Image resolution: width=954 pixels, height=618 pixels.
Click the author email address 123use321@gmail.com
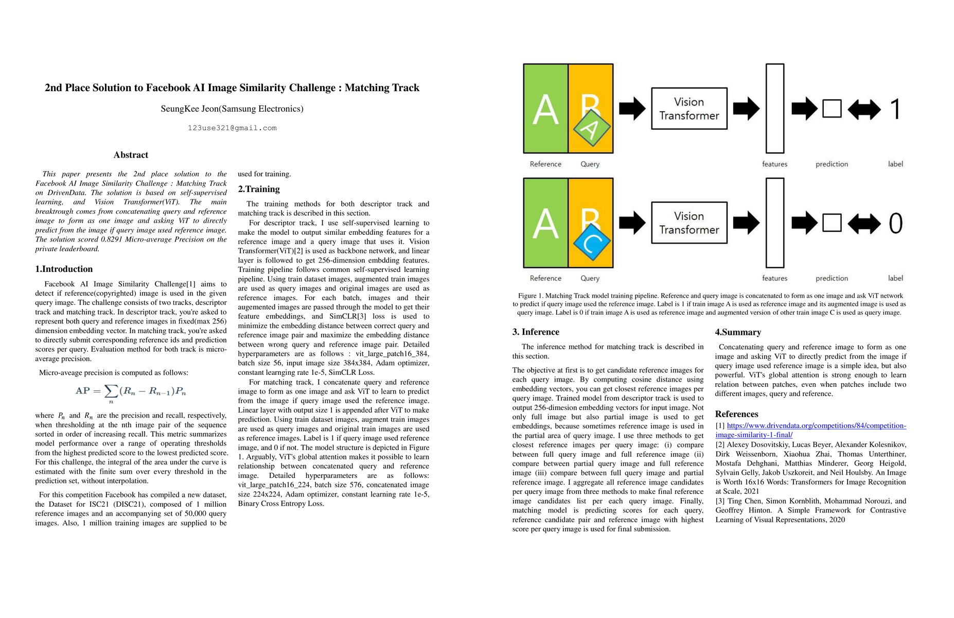tap(232, 128)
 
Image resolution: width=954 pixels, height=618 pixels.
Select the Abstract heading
tap(131, 155)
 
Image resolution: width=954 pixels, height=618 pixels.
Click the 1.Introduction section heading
tap(64, 269)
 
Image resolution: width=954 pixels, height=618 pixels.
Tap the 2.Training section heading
tap(259, 189)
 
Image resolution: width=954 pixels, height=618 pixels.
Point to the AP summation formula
tap(131, 391)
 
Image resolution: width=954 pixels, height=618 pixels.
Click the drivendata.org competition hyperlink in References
tap(811, 430)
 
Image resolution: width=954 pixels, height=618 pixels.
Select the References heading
tap(736, 414)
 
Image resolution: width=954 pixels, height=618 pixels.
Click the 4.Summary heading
tap(738, 332)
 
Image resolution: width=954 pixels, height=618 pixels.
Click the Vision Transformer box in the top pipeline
tap(689, 109)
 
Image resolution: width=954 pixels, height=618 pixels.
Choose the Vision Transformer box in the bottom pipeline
tap(689, 223)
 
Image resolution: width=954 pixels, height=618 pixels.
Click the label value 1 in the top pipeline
tap(895, 109)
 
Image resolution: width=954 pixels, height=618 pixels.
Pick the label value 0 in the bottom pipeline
tap(895, 224)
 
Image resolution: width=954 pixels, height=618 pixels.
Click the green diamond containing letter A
tap(592, 128)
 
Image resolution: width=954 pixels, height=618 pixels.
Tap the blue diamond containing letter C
tap(592, 243)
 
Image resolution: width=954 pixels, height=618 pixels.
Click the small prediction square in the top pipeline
tap(832, 109)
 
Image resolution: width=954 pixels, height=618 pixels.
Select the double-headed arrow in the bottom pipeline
tap(864, 224)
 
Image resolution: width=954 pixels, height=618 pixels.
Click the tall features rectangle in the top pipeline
tap(775, 109)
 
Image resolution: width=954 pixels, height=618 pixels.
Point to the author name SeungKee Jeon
tap(232, 109)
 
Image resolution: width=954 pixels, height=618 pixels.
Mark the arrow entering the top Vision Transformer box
tap(632, 109)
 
